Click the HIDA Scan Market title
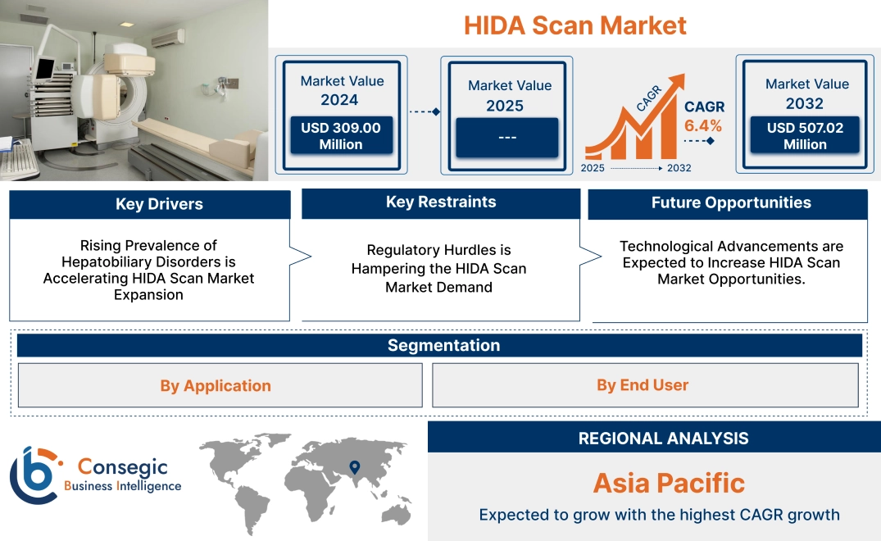pos(574,25)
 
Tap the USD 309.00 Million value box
pos(340,136)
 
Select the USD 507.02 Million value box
pos(805,136)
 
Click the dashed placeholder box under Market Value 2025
pos(506,137)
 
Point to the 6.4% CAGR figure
pos(703,125)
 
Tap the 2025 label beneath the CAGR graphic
pos(594,168)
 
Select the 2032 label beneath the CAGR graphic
pos(679,168)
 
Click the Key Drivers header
pos(159,204)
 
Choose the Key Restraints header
pos(441,202)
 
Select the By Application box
pos(216,385)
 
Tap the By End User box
pos(643,384)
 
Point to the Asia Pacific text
pos(669,483)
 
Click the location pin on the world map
pos(354,467)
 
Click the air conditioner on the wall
pos(168,37)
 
